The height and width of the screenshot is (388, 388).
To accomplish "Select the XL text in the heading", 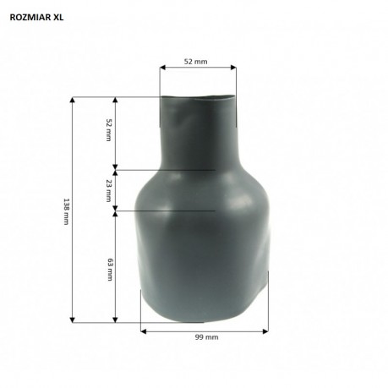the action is [x=58, y=18].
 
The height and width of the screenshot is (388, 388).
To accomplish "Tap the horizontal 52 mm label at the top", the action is [x=195, y=62].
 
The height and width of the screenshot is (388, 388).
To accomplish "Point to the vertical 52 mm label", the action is [x=109, y=130].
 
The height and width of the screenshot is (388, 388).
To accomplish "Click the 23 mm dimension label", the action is [x=109, y=191].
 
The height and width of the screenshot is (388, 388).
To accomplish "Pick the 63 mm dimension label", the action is [x=110, y=270].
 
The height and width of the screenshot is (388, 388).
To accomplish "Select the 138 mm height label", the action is [x=66, y=211].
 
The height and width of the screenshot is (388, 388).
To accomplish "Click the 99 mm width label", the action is [x=206, y=337].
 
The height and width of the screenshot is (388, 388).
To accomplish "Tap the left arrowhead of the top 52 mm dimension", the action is [x=162, y=68].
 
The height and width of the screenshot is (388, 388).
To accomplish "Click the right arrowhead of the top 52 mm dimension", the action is [x=233, y=68].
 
